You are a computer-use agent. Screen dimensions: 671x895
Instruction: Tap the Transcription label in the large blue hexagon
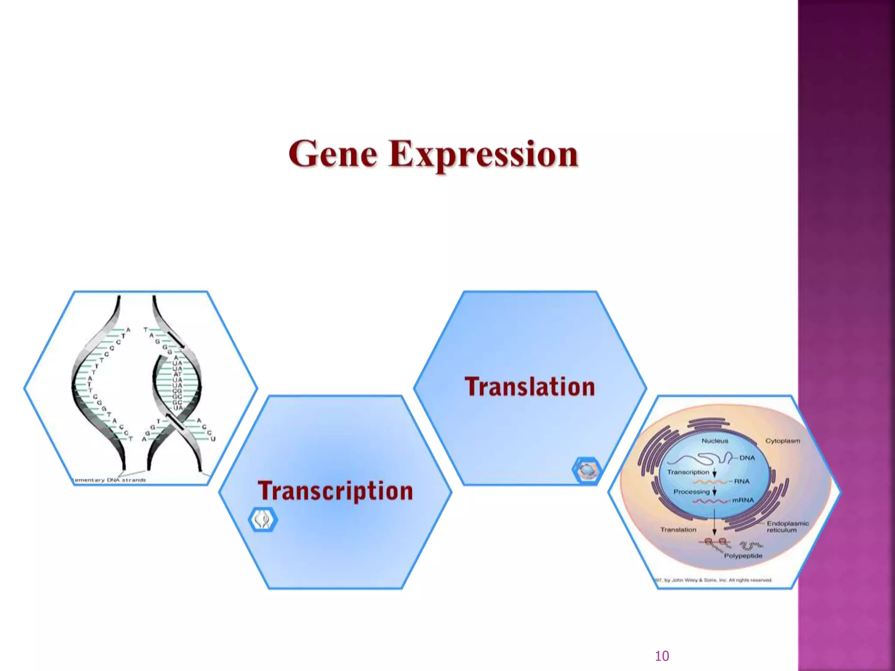click(x=335, y=491)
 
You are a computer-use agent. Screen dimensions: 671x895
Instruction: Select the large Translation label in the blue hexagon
click(x=530, y=387)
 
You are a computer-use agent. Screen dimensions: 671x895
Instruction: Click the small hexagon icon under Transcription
click(x=263, y=519)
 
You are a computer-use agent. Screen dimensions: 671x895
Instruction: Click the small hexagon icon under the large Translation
click(x=586, y=470)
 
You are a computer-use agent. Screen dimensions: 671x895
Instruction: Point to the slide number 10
click(x=662, y=656)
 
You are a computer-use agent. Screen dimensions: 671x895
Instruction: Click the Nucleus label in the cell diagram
click(x=715, y=441)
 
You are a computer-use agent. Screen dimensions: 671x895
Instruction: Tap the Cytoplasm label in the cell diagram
click(x=782, y=441)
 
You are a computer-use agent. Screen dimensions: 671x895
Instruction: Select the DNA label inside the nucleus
click(x=747, y=458)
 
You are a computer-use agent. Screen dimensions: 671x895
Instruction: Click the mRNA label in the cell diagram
click(x=743, y=500)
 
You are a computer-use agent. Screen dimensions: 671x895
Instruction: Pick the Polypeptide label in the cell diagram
click(x=743, y=556)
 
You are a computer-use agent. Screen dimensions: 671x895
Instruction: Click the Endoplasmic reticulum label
click(x=787, y=526)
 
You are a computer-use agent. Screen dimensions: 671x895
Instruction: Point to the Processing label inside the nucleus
click(x=691, y=491)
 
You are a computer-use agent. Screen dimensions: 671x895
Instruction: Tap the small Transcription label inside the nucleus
click(x=688, y=472)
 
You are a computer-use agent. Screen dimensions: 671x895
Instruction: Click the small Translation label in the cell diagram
click(x=678, y=529)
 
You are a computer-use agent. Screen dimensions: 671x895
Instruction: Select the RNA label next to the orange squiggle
click(x=742, y=481)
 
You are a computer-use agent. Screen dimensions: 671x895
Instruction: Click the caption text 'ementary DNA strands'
click(x=110, y=480)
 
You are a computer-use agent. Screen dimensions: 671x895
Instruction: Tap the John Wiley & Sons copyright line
click(x=713, y=580)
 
